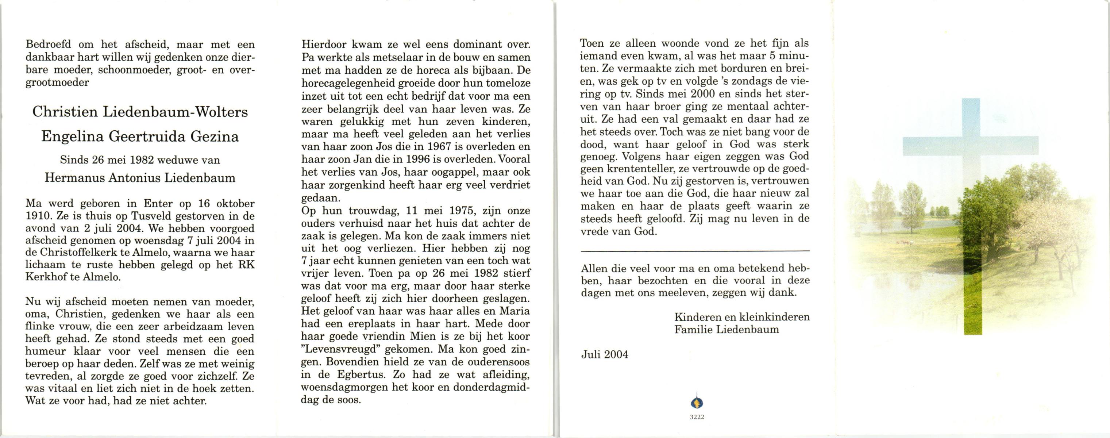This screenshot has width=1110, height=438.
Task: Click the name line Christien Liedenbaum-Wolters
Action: [140, 112]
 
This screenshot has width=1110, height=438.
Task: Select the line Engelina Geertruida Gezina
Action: [140, 137]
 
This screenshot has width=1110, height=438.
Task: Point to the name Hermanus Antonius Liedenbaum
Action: [140, 178]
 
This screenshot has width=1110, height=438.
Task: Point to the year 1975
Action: [460, 211]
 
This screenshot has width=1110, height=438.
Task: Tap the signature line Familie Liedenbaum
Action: [726, 330]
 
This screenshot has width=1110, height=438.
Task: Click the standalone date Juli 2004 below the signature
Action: [605, 355]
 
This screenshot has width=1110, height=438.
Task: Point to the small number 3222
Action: [697, 417]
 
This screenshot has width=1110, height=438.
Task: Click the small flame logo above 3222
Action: [697, 402]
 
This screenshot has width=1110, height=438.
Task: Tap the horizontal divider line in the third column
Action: [695, 251]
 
